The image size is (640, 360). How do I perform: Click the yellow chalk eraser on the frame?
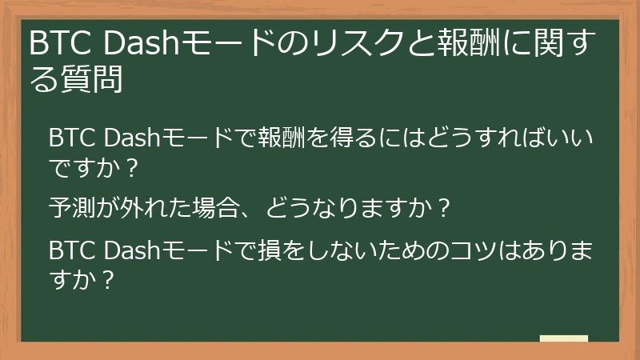coord(564,339)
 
